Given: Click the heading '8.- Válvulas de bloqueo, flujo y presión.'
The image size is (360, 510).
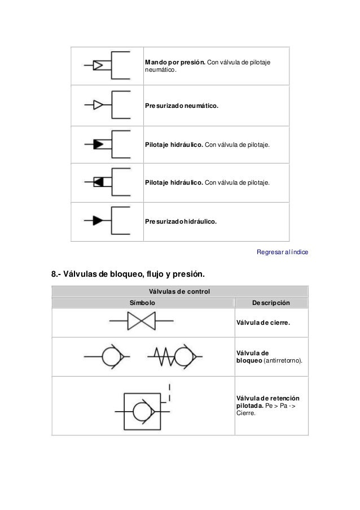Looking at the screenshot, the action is [128, 275].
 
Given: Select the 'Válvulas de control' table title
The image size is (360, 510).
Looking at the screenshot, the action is [179, 291].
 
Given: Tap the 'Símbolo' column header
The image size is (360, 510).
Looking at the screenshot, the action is [143, 303].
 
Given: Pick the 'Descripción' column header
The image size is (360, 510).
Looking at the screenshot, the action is [271, 303].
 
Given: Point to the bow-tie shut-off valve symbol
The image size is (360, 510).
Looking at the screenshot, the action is [141, 322].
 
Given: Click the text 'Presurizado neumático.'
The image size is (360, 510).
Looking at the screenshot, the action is [181, 106].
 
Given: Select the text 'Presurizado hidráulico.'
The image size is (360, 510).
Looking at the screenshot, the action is [181, 222].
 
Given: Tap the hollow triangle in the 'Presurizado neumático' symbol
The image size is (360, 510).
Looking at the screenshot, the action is [98, 104].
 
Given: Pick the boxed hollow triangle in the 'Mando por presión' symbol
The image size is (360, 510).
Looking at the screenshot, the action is [98, 66].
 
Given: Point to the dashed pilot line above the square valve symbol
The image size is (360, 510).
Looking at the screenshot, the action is [170, 393].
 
